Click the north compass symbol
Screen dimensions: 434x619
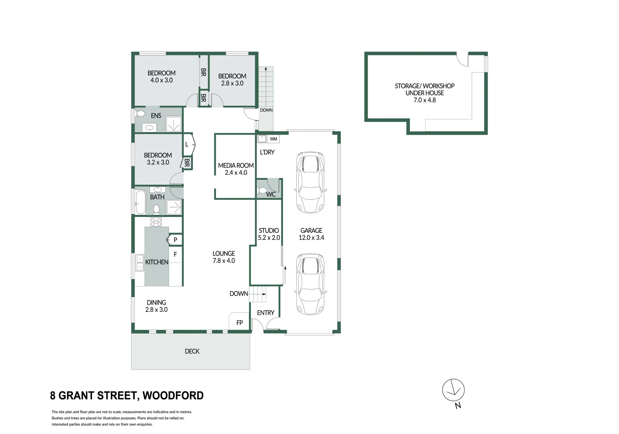point(453,390)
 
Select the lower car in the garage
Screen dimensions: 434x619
point(309,284)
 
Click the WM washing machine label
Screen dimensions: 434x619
point(273,139)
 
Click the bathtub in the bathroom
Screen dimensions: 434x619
point(140,202)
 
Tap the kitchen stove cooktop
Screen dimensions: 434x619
point(156,222)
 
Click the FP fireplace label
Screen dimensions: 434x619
point(240,323)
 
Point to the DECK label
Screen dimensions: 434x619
point(192,351)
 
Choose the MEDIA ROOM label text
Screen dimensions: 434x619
point(236,165)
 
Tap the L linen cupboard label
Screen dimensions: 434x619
point(187,144)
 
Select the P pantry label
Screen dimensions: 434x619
point(175,240)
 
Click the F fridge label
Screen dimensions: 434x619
point(175,254)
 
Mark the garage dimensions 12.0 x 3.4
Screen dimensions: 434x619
point(311,237)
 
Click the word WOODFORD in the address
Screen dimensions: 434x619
point(173,395)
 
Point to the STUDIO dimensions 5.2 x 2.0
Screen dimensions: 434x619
point(269,237)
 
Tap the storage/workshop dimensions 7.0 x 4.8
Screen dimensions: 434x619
point(424,100)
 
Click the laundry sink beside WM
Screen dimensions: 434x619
point(262,139)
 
